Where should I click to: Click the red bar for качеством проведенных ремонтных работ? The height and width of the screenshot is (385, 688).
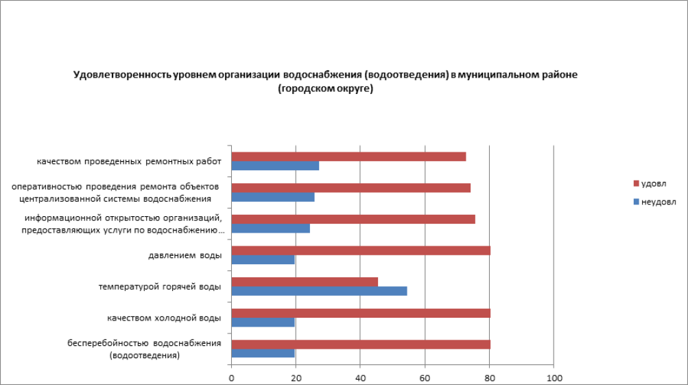click(x=348, y=156)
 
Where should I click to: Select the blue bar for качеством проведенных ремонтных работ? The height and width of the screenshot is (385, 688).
click(x=275, y=165)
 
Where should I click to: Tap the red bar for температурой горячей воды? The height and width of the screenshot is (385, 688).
click(x=305, y=281)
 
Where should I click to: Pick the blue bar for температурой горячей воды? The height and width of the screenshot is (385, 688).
click(x=319, y=291)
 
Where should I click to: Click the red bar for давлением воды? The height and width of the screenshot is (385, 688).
click(x=361, y=250)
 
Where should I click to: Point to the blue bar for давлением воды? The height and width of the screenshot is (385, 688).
click(x=263, y=259)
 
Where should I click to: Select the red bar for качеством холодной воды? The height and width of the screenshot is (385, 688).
click(x=361, y=313)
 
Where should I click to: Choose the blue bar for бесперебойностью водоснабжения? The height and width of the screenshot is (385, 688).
click(x=263, y=353)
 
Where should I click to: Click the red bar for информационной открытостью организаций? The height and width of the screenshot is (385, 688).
click(x=353, y=219)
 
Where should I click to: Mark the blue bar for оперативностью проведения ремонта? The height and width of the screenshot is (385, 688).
click(x=273, y=197)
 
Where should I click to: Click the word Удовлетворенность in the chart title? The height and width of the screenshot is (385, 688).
click(x=121, y=75)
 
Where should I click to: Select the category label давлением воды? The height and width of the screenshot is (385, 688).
click(x=185, y=256)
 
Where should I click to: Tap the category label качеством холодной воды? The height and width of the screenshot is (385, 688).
click(x=164, y=318)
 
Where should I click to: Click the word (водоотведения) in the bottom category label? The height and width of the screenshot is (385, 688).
click(x=145, y=355)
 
